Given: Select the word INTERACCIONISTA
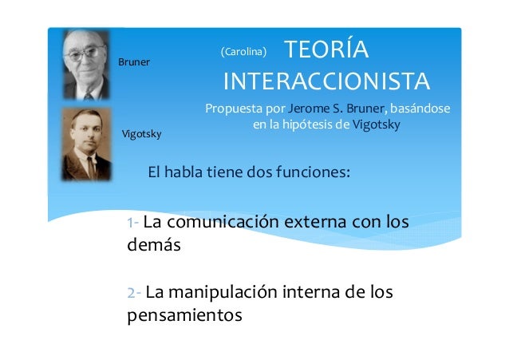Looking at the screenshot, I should [326, 81].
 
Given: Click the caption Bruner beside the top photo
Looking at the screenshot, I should [134, 61].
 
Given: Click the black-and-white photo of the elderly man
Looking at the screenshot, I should [87, 65].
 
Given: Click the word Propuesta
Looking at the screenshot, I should [233, 108].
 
